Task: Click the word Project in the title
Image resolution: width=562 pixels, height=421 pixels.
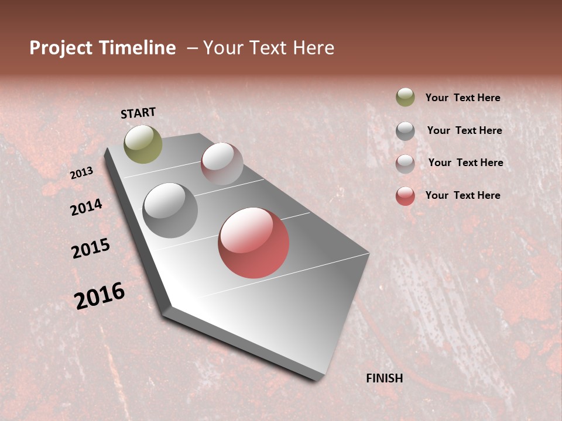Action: [x=61, y=48]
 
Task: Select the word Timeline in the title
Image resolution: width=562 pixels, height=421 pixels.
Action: [x=137, y=48]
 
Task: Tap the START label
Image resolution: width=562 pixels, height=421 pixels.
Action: [x=138, y=113]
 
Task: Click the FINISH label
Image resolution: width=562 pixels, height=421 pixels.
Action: [x=384, y=378]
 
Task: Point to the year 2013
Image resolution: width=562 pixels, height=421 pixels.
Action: [x=81, y=173]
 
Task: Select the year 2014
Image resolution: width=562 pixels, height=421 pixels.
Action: [x=86, y=208]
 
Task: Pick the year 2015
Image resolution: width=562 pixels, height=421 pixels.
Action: [x=91, y=249]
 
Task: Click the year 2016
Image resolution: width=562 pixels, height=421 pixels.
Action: [x=100, y=296]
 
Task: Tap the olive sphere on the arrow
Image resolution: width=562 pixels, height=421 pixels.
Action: [x=143, y=144]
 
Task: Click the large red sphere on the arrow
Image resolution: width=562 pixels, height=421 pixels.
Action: [x=253, y=243]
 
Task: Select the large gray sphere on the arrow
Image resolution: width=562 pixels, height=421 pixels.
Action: [x=170, y=210]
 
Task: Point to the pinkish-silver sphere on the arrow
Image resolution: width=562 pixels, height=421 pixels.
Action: [x=222, y=164]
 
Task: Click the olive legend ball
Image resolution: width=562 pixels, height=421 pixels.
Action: [x=405, y=97]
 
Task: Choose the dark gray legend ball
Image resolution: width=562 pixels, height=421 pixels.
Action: [x=405, y=131]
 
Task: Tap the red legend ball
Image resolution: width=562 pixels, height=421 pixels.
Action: [x=405, y=196]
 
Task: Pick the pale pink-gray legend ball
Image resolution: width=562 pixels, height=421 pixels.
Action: [x=405, y=164]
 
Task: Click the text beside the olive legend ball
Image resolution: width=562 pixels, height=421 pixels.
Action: [x=462, y=98]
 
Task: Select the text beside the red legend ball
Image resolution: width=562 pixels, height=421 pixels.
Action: [x=462, y=195]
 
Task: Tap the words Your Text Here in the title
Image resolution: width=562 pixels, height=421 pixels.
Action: [x=269, y=48]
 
